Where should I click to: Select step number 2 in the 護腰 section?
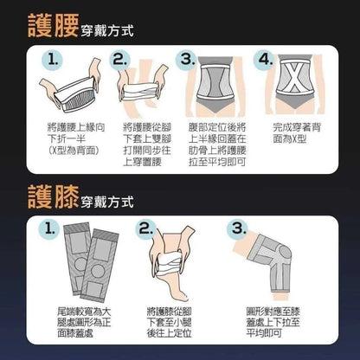(119, 60)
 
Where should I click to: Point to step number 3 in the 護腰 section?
(185, 60)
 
